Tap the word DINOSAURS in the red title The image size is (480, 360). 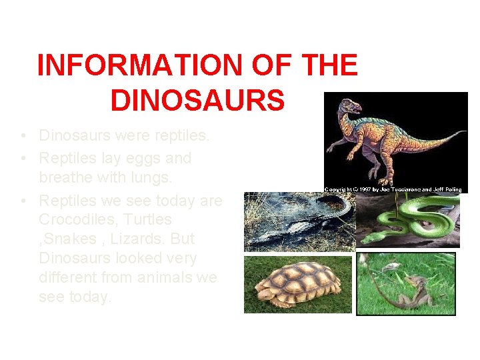tap(197, 101)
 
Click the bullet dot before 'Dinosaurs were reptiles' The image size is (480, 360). tap(23, 137)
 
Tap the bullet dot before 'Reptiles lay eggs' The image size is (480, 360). tap(23, 159)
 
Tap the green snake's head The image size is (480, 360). tap(367, 237)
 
